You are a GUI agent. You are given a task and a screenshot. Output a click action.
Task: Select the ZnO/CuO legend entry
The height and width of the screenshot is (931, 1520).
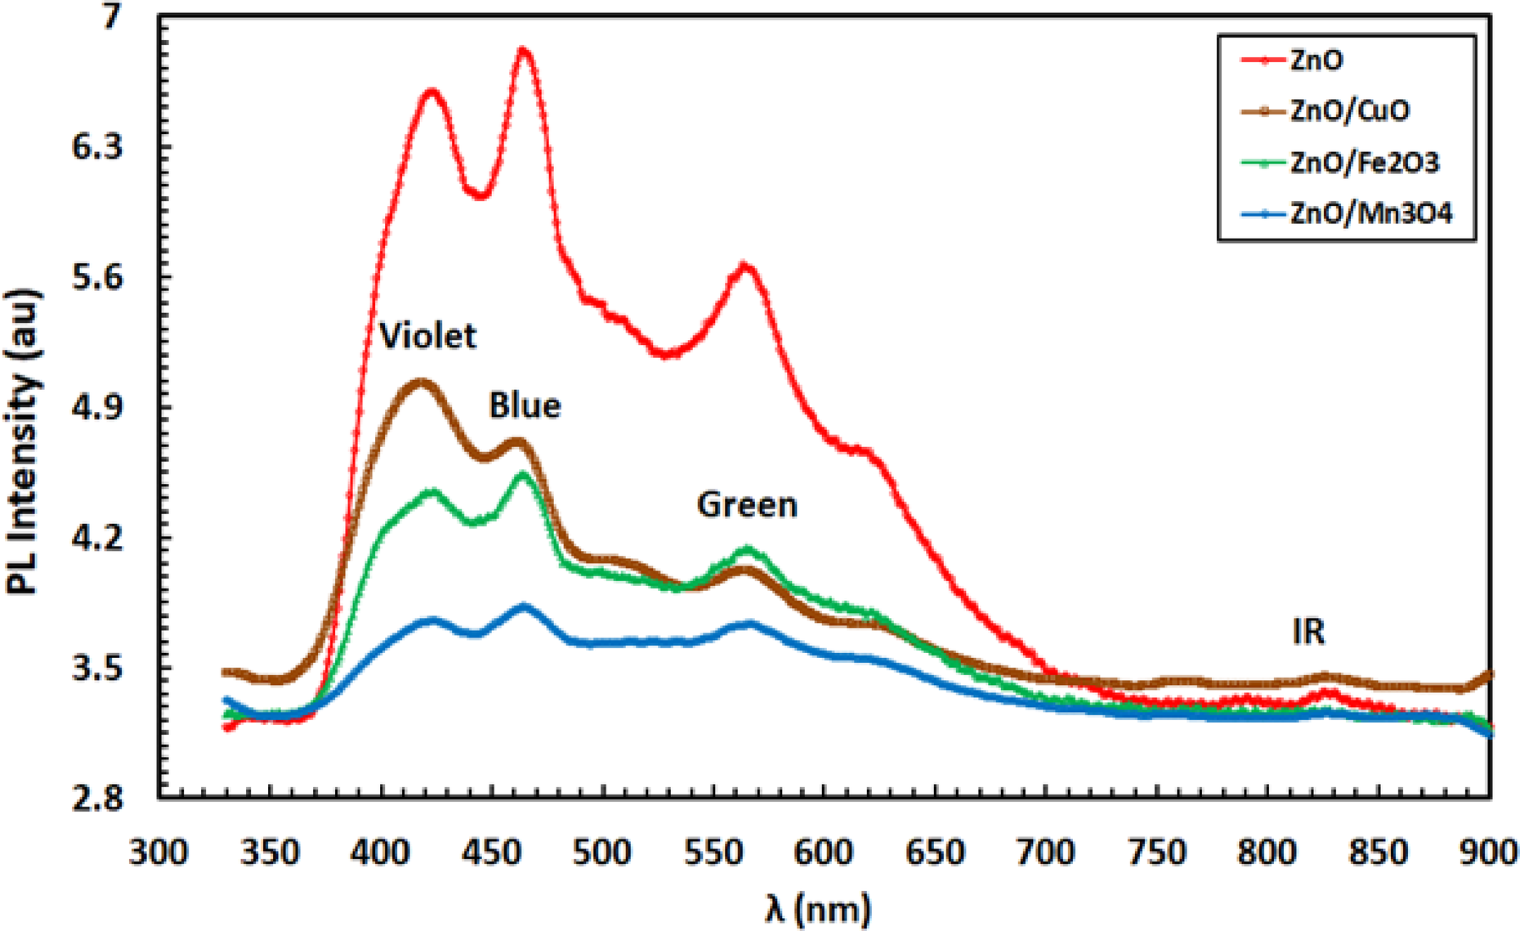(1349, 111)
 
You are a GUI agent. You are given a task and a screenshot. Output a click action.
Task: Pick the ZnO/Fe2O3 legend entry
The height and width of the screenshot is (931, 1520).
(1364, 163)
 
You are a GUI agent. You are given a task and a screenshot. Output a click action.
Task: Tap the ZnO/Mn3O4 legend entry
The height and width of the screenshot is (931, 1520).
(1371, 214)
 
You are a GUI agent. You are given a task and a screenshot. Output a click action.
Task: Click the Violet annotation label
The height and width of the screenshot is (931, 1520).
(427, 336)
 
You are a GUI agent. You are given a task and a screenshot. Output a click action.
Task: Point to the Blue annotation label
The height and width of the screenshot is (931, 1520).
(525, 405)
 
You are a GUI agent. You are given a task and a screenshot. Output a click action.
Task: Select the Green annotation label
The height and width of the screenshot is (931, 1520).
(747, 504)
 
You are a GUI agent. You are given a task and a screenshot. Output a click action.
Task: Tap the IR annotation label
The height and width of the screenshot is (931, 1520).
(1308, 632)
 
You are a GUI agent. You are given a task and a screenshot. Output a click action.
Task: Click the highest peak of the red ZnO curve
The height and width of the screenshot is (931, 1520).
(524, 51)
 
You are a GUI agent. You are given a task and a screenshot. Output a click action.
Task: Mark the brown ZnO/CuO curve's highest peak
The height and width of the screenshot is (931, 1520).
(421, 381)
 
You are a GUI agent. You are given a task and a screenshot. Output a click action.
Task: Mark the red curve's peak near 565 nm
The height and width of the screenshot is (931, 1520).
(744, 266)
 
